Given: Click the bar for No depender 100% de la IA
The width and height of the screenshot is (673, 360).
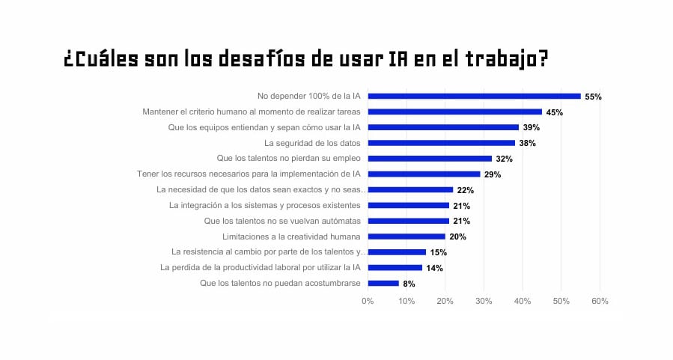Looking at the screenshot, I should (x=474, y=96).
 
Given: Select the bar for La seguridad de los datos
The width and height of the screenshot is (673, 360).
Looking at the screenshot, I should (x=441, y=143).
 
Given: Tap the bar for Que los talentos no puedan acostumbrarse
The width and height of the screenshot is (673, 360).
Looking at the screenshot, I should (x=383, y=283).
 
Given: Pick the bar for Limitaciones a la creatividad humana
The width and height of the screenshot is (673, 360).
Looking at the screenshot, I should (x=406, y=237).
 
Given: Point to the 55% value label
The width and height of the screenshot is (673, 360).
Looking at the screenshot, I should (x=593, y=97).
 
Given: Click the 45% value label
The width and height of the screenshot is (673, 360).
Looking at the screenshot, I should (x=554, y=112).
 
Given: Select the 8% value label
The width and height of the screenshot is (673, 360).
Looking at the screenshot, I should (x=408, y=284).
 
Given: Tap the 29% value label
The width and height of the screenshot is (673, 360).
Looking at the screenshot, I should (x=492, y=174).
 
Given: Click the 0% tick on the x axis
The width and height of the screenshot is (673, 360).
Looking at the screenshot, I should (x=368, y=301).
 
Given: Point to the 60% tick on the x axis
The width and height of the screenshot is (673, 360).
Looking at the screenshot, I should (x=600, y=301).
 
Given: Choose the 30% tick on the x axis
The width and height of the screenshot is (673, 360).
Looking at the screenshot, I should (x=484, y=301).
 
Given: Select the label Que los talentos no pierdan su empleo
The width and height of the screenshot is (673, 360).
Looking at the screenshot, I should (x=288, y=158).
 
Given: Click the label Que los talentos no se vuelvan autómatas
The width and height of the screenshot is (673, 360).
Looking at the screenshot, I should (x=282, y=221).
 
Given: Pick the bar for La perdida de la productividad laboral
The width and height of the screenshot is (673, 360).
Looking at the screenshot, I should (x=395, y=267).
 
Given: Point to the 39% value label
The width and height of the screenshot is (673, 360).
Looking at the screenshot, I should (x=531, y=128).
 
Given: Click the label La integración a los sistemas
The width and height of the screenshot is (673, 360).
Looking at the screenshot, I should (x=265, y=205).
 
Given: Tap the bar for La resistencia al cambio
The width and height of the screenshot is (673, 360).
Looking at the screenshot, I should (x=397, y=252).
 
